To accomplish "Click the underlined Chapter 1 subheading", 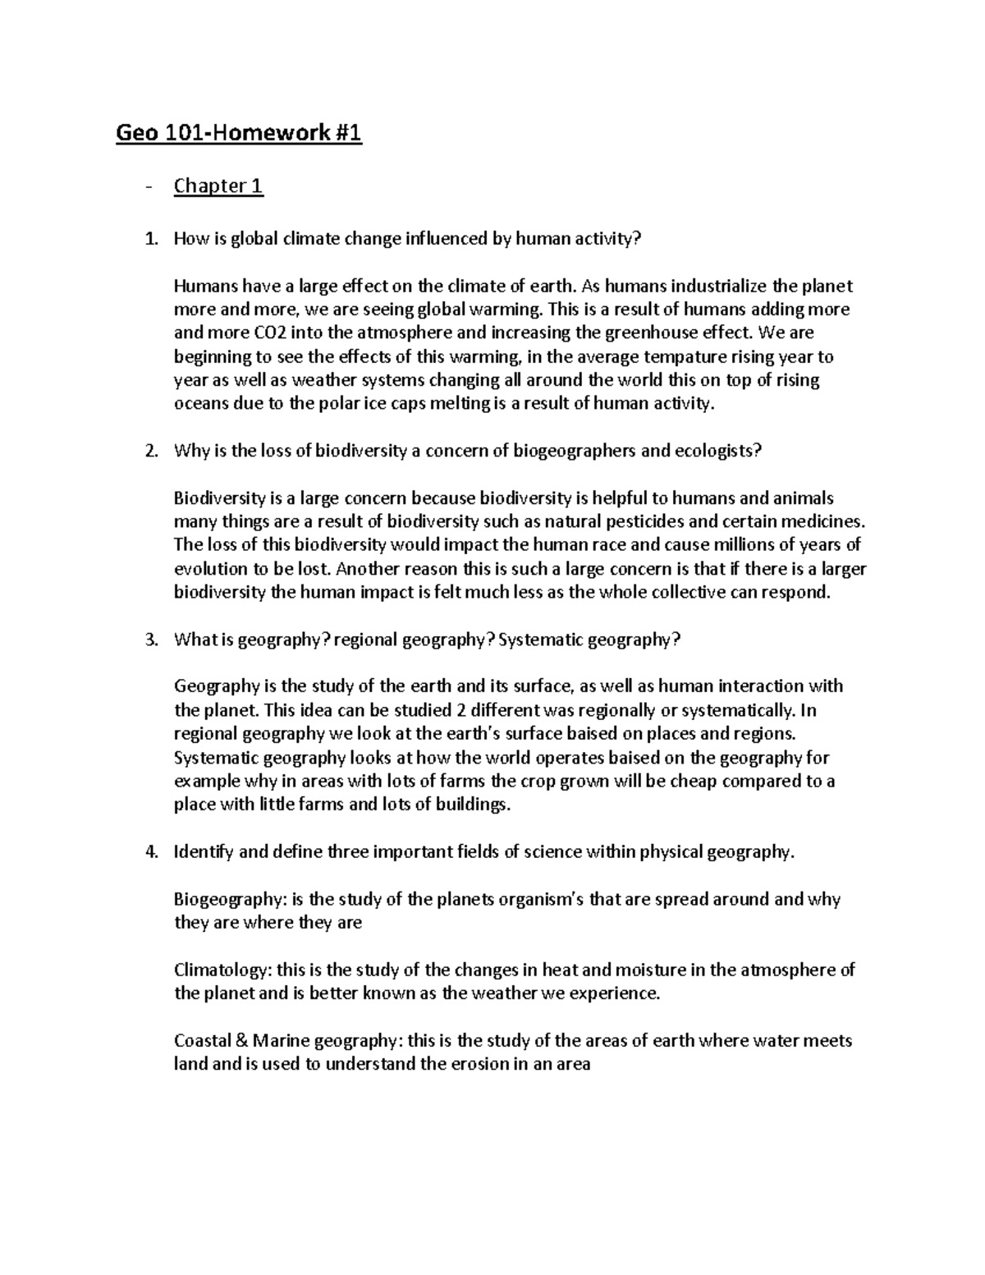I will (x=218, y=186).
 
